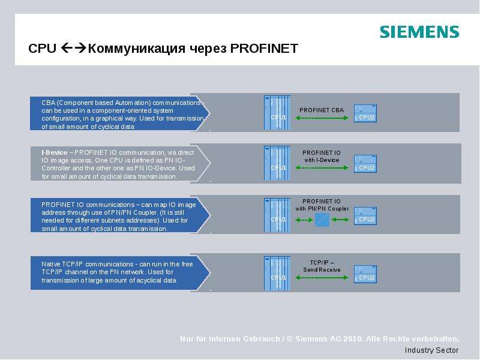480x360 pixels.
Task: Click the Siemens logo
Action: point(419,32)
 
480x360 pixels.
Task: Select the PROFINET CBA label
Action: point(322,110)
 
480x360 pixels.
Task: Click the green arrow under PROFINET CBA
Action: point(322,119)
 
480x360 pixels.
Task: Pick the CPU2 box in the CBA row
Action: point(365,113)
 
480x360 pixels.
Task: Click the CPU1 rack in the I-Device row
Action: point(277,163)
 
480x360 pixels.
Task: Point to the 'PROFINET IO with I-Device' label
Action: point(322,157)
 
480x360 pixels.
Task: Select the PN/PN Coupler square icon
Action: point(322,220)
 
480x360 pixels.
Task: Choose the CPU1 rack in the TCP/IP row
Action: point(277,272)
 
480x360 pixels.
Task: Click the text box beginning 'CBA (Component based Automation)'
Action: point(120,114)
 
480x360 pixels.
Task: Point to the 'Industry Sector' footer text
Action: point(431,350)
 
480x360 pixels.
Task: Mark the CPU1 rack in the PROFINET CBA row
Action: point(277,112)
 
